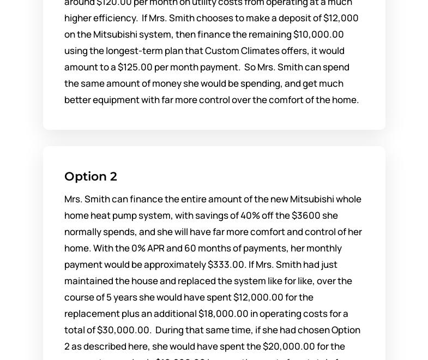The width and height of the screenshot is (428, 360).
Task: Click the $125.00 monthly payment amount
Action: (135, 67)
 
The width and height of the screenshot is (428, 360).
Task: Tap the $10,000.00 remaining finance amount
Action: (318, 34)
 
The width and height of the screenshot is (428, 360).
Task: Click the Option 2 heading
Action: (91, 176)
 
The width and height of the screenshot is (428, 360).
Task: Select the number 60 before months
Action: (190, 248)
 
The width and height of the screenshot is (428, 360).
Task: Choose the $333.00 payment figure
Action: (226, 265)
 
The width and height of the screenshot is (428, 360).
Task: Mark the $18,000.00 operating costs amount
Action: (224, 314)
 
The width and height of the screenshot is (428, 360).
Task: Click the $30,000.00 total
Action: (124, 330)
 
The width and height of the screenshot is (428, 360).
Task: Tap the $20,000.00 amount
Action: (288, 346)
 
